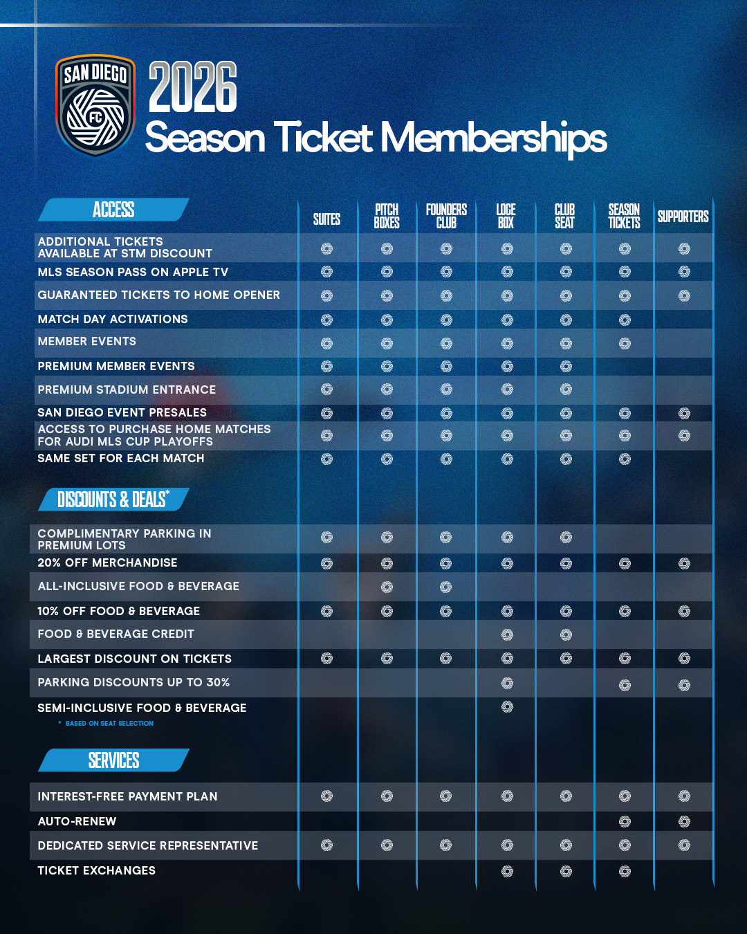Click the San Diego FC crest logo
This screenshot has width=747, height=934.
pyautogui.click(x=95, y=105)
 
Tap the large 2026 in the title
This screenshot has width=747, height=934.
pyautogui.click(x=193, y=87)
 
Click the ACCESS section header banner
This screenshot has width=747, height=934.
pyautogui.click(x=113, y=210)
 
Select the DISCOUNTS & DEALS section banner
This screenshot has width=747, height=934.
pyautogui.click(x=113, y=500)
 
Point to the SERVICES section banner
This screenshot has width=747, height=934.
pyautogui.click(x=113, y=760)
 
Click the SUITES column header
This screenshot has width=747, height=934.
pyautogui.click(x=326, y=219)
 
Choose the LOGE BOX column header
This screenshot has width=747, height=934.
pyautogui.click(x=506, y=216)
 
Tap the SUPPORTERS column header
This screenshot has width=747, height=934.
pyautogui.click(x=683, y=217)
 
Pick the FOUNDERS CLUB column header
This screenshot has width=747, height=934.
pyautogui.click(x=446, y=216)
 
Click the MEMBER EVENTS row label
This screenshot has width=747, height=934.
pyautogui.click(x=87, y=342)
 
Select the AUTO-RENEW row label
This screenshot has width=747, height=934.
pyautogui.click(x=77, y=821)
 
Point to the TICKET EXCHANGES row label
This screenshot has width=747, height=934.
pyautogui.click(x=97, y=870)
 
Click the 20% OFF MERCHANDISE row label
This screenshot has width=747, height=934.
pyautogui.click(x=107, y=563)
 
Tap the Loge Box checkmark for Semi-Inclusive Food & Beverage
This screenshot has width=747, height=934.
pyautogui.click(x=507, y=706)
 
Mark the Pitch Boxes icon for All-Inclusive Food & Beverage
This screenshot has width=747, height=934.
pyautogui.click(x=387, y=587)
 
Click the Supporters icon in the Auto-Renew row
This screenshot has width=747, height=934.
pyautogui.click(x=684, y=821)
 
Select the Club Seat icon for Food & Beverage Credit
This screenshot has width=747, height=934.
pyautogui.click(x=566, y=634)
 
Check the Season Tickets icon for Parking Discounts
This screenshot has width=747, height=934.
pyautogui.click(x=625, y=685)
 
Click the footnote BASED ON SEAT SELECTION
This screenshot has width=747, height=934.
pyautogui.click(x=109, y=724)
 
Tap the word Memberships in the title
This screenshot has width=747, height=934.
pyautogui.click(x=493, y=138)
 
